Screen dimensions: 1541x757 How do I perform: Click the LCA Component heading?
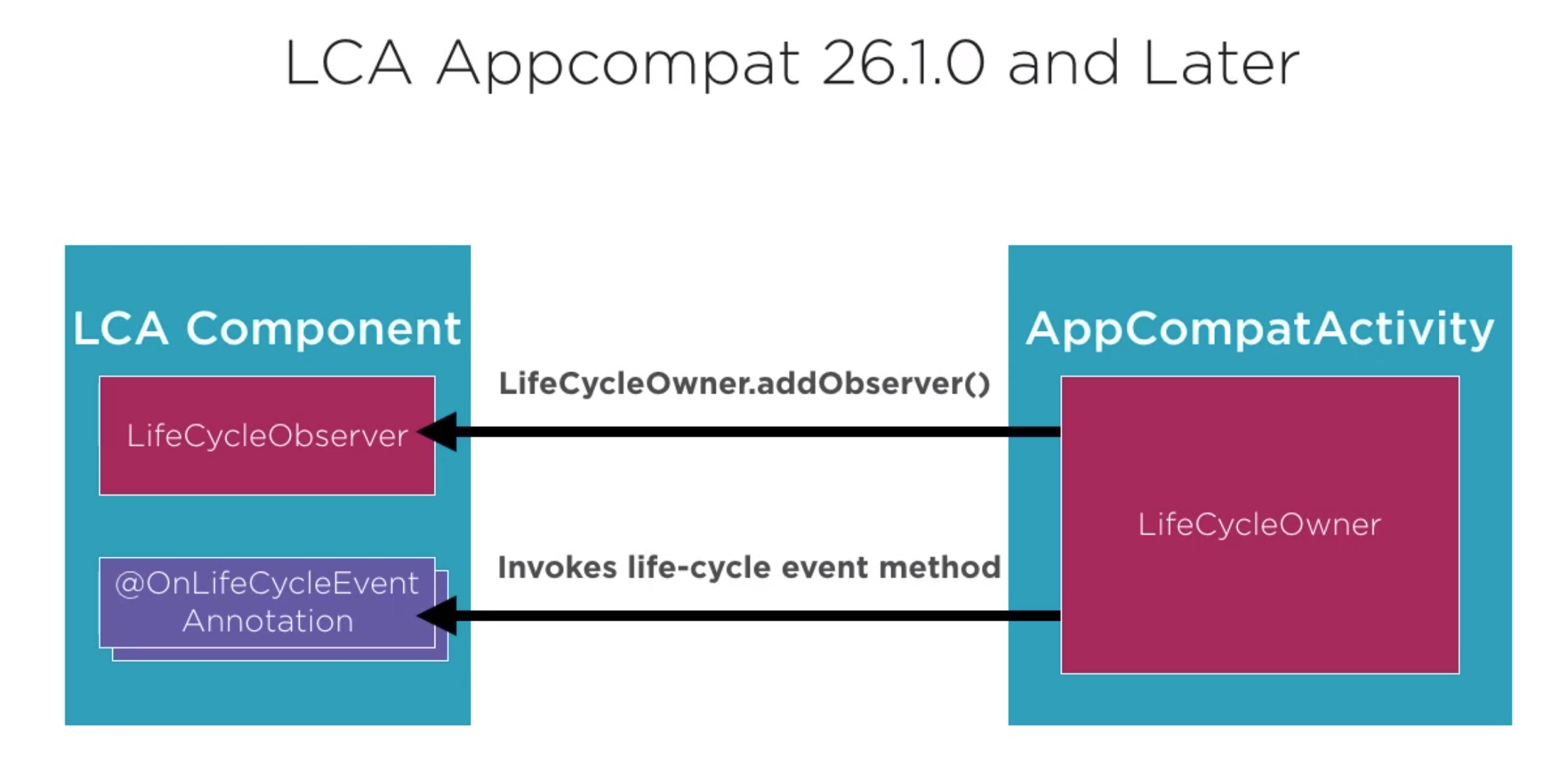267,329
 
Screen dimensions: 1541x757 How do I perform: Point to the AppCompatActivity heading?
1260,330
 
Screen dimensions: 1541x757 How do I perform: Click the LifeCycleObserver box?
267,435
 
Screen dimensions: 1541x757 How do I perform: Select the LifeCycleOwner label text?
1259,525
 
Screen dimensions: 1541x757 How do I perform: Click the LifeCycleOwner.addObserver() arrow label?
744,384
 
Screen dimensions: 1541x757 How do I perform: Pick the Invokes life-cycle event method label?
749,568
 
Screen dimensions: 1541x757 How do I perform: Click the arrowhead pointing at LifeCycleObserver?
437,432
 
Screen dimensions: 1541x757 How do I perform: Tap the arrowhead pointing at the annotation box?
437,615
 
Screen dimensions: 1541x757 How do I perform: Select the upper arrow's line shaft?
758,432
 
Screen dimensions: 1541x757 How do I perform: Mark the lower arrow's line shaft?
758,615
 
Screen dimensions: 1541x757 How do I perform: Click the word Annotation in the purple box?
268,621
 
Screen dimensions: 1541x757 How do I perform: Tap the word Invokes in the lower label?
557,567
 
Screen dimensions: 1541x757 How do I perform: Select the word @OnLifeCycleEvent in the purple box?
267,584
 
